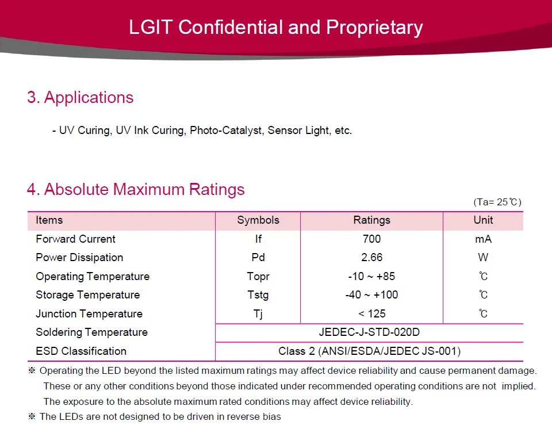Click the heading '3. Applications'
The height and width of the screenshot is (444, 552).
pyautogui.click(x=80, y=98)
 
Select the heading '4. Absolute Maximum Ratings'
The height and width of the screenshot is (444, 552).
pyautogui.click(x=136, y=190)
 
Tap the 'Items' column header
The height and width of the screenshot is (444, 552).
pyautogui.click(x=49, y=220)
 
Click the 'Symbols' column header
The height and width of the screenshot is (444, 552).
pyautogui.click(x=258, y=220)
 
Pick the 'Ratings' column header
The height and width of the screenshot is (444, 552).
pyautogui.click(x=371, y=220)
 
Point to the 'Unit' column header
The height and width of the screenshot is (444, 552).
pyautogui.click(x=483, y=220)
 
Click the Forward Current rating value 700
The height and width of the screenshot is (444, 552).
pyautogui.click(x=371, y=239)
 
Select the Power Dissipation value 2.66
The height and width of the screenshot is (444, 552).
pyautogui.click(x=371, y=258)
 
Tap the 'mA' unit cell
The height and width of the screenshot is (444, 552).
pyautogui.click(x=483, y=239)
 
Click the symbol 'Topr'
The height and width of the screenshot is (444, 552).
pyautogui.click(x=258, y=277)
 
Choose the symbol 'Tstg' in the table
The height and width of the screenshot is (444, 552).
pyautogui.click(x=258, y=295)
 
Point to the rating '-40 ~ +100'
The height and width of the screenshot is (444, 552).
pyautogui.click(x=371, y=295)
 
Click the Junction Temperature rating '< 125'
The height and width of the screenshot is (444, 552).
pyautogui.click(x=371, y=314)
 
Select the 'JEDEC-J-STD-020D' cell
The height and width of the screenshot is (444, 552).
pyautogui.click(x=369, y=332)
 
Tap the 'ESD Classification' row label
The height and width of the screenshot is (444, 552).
pyautogui.click(x=81, y=351)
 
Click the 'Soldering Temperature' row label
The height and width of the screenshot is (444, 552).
pyautogui.click(x=91, y=332)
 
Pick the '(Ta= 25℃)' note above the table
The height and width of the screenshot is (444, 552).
pyautogui.click(x=497, y=202)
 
